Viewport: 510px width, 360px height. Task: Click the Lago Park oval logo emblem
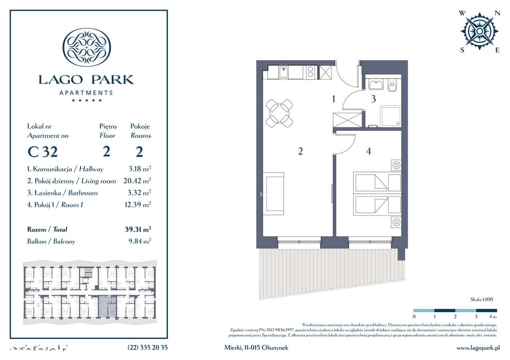(x=86, y=47)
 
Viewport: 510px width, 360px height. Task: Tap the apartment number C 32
(x=42, y=152)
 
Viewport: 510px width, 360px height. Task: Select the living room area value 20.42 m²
(x=137, y=181)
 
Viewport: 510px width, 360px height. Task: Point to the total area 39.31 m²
(x=137, y=229)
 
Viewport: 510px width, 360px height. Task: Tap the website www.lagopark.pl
(x=478, y=348)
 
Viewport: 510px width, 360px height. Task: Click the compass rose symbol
(x=480, y=31)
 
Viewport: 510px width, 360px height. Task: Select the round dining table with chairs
(x=279, y=113)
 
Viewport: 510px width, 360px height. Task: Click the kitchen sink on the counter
(x=285, y=72)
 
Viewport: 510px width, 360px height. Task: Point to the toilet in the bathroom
(x=393, y=85)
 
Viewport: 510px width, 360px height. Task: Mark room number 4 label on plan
(x=369, y=151)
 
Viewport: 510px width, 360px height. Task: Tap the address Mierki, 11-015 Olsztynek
(x=256, y=348)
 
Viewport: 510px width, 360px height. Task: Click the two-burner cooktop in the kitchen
(x=310, y=72)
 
